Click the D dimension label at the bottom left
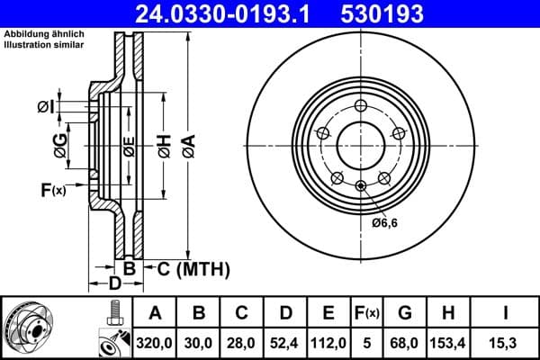pos(115,285)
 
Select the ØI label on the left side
pos(46,107)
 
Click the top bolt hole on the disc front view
pos(361,105)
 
